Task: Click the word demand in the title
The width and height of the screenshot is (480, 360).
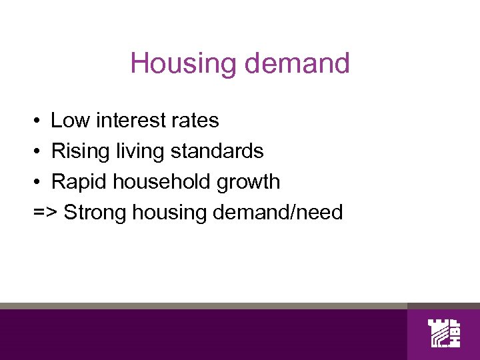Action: coord(297,64)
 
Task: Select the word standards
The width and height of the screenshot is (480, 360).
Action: coord(217,151)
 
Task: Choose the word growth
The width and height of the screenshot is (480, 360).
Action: coord(249,182)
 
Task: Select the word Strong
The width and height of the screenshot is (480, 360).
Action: coord(95,213)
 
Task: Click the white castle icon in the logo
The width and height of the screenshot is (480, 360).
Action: coord(439,333)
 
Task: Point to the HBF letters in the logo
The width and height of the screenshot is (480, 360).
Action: coord(456,333)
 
